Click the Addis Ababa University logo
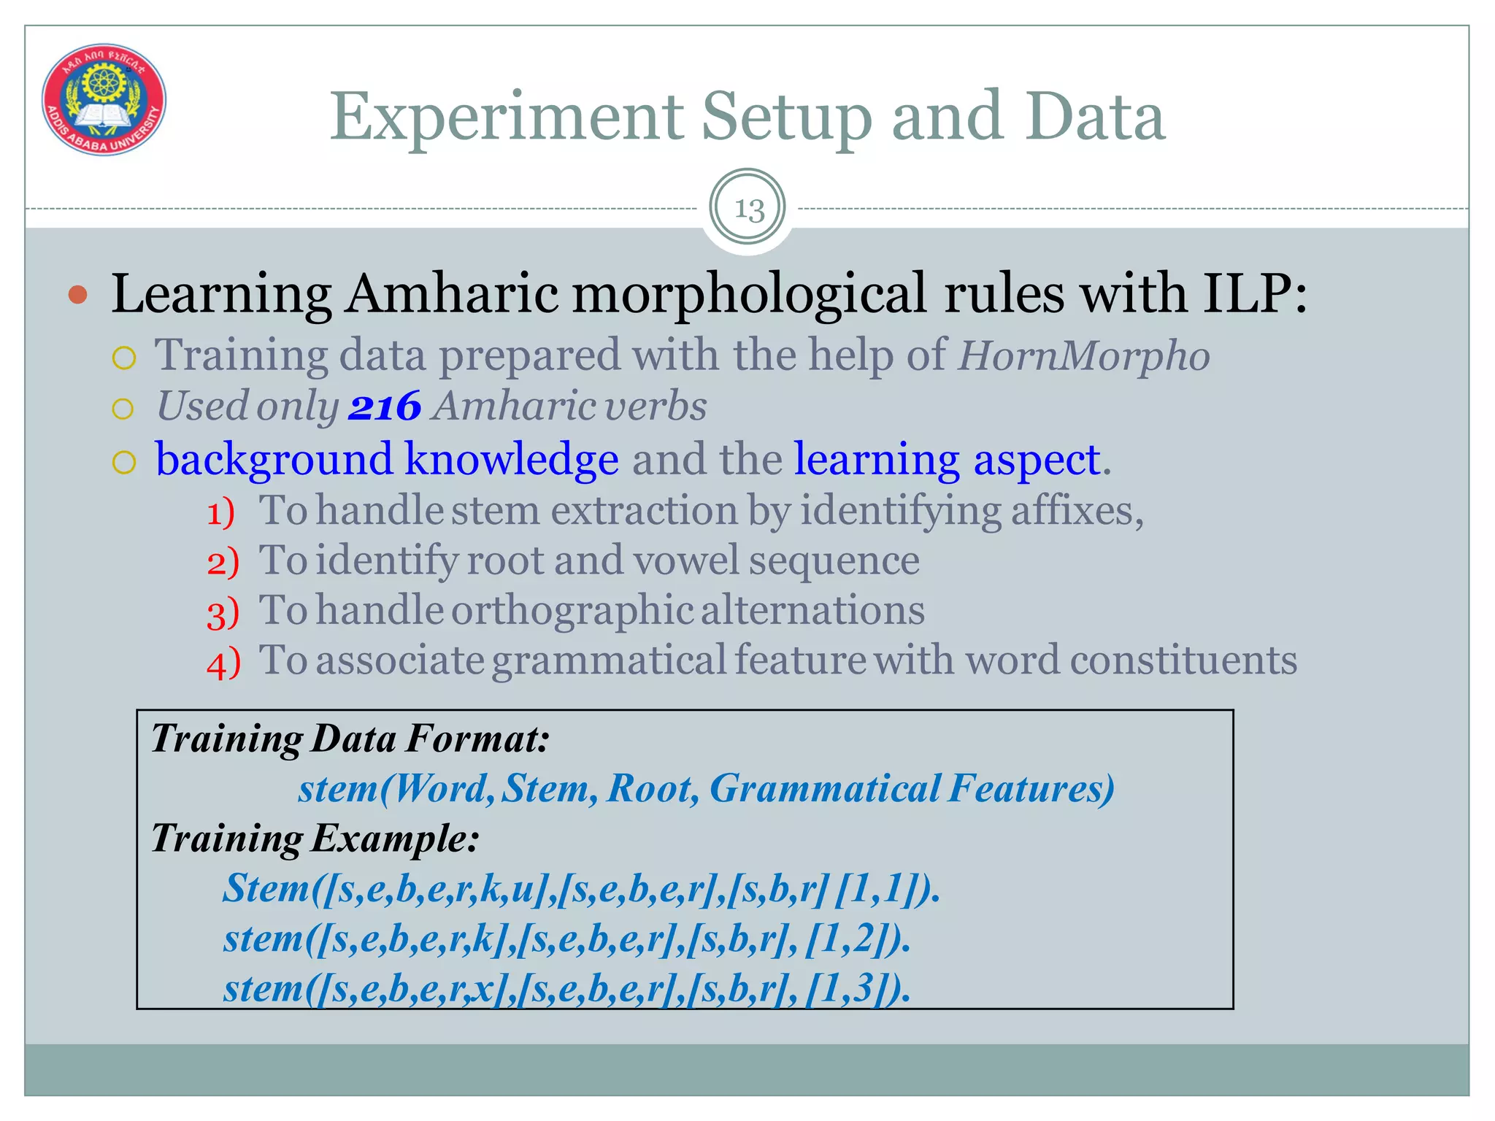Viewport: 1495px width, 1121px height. coord(104,99)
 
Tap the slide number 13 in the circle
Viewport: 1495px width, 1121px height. coord(747,209)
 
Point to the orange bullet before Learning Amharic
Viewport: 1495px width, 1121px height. coord(77,296)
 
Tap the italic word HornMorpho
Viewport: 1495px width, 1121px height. coord(1083,356)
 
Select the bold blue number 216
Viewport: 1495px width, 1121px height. coord(385,407)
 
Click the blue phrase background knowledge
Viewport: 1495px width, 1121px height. coord(387,460)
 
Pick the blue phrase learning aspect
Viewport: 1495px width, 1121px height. coord(948,460)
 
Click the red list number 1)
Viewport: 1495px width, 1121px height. coord(220,512)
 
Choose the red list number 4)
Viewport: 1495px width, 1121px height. coord(223,663)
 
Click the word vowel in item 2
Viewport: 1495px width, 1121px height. coord(685,560)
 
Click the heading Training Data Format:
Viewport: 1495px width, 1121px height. coord(350,739)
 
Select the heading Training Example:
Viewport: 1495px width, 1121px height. coord(315,838)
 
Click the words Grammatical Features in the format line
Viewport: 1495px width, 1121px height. coord(912,789)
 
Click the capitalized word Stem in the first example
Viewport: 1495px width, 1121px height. coord(266,889)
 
